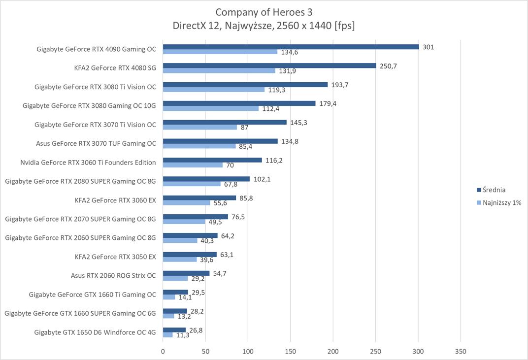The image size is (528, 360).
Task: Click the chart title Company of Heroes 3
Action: click(264, 12)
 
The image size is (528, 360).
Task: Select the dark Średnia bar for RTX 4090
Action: click(291, 47)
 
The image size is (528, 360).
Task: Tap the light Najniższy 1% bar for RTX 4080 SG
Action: click(219, 71)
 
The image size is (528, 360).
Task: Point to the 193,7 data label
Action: click(340, 85)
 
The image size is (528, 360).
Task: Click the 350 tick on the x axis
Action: click(461, 352)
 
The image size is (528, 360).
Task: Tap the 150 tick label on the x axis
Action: click(291, 352)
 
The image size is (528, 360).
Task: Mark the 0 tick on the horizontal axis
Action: click(163, 352)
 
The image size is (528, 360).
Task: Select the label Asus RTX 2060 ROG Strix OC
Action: click(113, 275)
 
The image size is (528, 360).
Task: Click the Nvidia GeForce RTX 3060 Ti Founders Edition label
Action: click(88, 162)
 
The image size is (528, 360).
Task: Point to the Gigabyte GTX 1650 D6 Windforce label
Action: click(95, 332)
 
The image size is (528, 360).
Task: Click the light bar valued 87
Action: click(200, 127)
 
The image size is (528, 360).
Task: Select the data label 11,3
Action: click(183, 335)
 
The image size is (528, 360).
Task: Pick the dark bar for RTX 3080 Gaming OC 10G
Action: click(239, 103)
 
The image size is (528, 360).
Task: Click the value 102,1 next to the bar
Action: click(262, 179)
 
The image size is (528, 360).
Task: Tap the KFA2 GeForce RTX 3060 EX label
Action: click(115, 200)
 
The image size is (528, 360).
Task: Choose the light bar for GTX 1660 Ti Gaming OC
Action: click(169, 297)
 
